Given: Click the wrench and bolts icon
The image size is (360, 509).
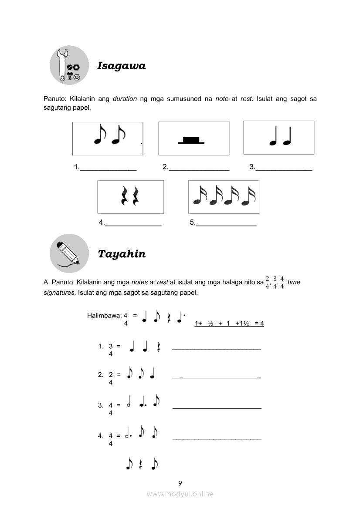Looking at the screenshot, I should (x=69, y=65).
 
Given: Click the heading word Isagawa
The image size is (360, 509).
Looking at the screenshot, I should (x=121, y=66).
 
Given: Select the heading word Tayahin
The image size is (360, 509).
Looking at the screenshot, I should (x=122, y=254).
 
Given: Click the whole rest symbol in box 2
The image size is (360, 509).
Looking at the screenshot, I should (x=191, y=140).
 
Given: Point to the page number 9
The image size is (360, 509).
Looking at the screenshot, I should (x=180, y=483).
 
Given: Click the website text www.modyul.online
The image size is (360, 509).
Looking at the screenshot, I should (x=180, y=494).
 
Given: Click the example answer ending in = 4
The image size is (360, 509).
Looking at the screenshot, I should (x=229, y=324).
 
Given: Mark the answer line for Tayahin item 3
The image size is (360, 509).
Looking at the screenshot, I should (x=217, y=408).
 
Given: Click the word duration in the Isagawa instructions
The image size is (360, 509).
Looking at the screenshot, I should (x=125, y=99).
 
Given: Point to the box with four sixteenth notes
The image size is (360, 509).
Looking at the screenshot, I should (x=224, y=197).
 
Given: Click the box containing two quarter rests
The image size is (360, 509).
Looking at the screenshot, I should (x=131, y=197).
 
